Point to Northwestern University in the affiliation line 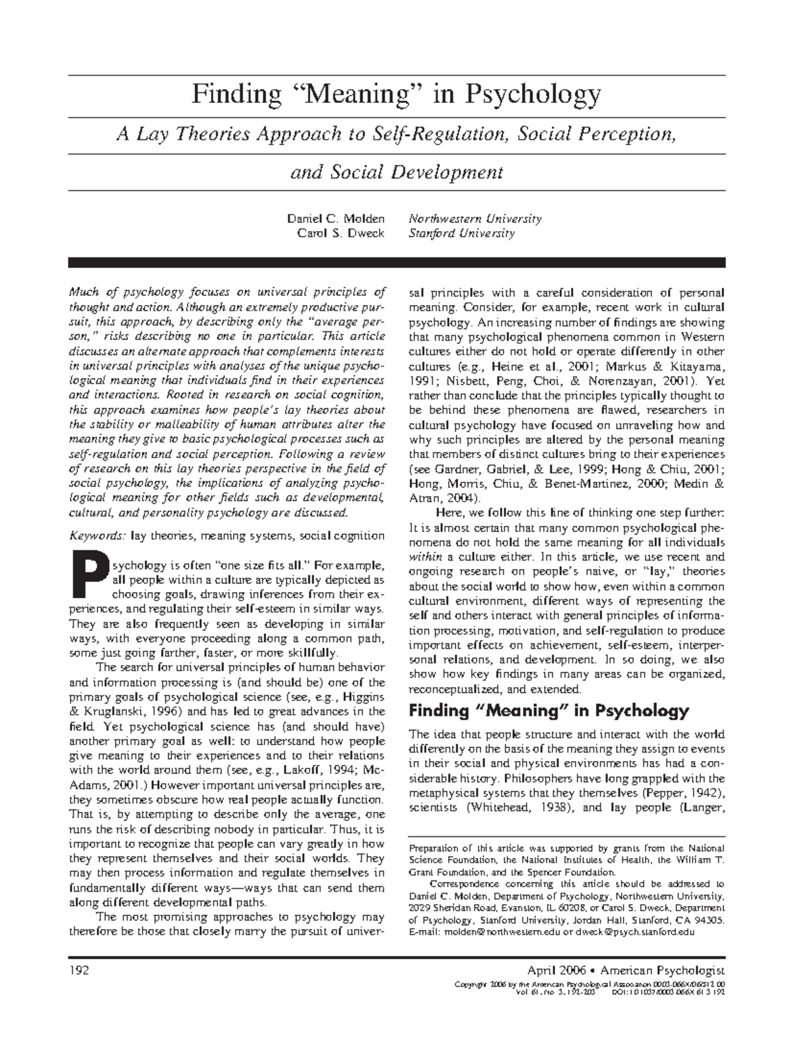pos(475,218)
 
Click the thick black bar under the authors pos(397,262)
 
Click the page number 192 pos(79,970)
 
